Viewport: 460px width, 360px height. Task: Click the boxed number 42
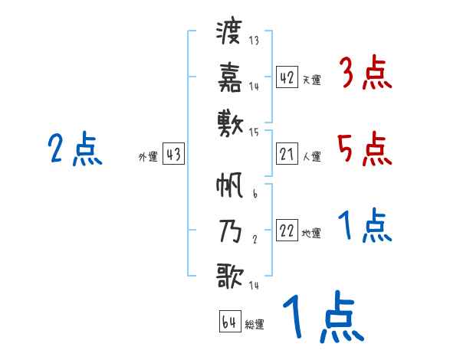pyautogui.click(x=287, y=77)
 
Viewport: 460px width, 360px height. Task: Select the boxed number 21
pyautogui.click(x=287, y=155)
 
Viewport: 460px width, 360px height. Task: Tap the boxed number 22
pyautogui.click(x=287, y=231)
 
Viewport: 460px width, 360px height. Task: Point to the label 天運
pyautogui.click(x=311, y=80)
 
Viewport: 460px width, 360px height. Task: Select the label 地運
pyautogui.click(x=311, y=234)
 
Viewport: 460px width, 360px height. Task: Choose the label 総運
pyautogui.click(x=255, y=324)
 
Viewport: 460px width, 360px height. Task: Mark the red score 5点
pyautogui.click(x=365, y=149)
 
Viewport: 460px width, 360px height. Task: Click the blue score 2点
pyautogui.click(x=74, y=149)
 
